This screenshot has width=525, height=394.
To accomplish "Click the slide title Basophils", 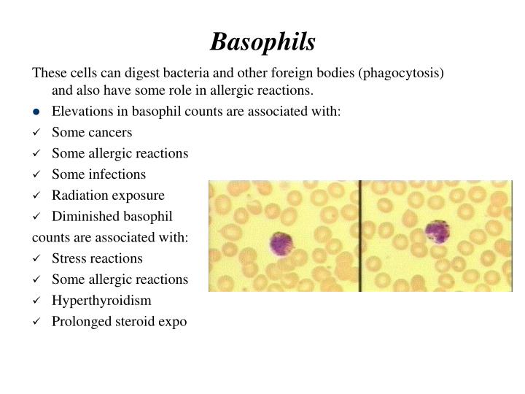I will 262,42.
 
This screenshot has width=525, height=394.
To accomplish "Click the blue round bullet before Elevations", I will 36,112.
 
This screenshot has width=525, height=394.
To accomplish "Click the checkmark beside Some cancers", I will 36,133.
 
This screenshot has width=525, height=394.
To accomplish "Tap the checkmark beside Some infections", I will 36,174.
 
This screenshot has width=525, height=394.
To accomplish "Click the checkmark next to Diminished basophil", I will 36,217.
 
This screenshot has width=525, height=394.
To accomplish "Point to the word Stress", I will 69,258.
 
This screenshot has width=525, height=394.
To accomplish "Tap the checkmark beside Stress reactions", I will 36,258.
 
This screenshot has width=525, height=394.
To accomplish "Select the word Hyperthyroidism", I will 99,301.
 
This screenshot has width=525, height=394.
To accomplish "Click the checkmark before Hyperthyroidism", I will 36,301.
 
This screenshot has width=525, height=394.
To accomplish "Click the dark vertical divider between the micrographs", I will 360,236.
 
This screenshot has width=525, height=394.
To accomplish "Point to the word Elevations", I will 81,112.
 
